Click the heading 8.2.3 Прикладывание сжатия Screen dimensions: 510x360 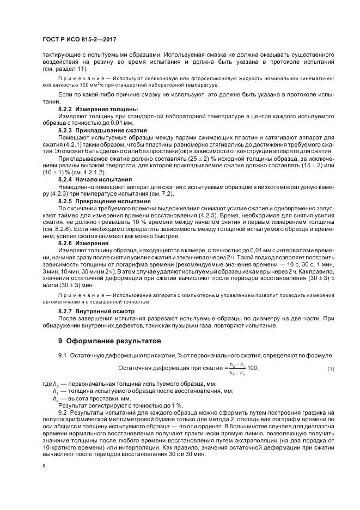point(95,131)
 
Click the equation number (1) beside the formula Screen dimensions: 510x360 point(330,369)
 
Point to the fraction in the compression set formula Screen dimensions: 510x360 point(236,369)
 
